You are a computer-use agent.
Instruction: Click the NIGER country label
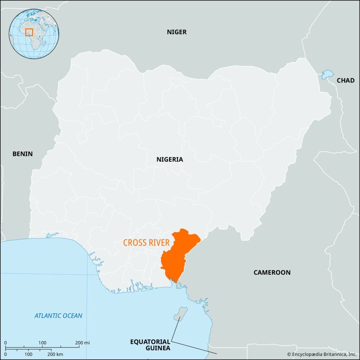coord(176,32)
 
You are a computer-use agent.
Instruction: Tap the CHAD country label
coord(346,80)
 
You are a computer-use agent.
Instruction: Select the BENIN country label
coord(22,154)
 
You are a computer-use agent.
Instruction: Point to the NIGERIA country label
coord(170,159)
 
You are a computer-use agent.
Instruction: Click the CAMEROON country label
coord(272,272)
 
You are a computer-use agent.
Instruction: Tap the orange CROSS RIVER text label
coord(146,243)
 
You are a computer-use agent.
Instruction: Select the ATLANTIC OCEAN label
coord(58,315)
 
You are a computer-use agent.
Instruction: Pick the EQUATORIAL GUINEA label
coord(150,345)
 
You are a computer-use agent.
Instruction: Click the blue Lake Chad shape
coord(327,74)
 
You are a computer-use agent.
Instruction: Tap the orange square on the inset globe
coord(29,32)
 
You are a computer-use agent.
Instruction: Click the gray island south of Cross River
coord(181,313)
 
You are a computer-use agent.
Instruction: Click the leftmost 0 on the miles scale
coord(6,343)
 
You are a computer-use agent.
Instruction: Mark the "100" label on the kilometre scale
coord(29,354)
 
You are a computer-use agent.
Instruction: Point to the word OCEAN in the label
coord(71,315)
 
